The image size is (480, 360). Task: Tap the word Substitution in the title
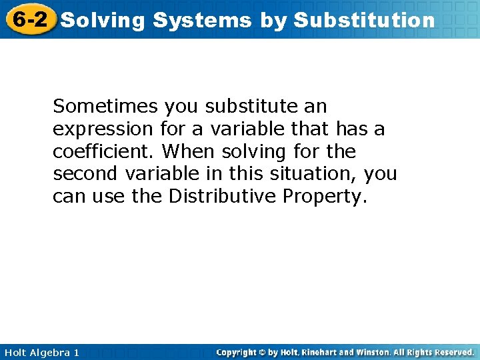pos(364,21)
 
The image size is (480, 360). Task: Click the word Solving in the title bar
pos(103,21)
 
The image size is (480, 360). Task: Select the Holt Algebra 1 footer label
pos(40,352)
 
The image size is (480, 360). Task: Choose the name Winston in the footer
pos(374,352)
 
